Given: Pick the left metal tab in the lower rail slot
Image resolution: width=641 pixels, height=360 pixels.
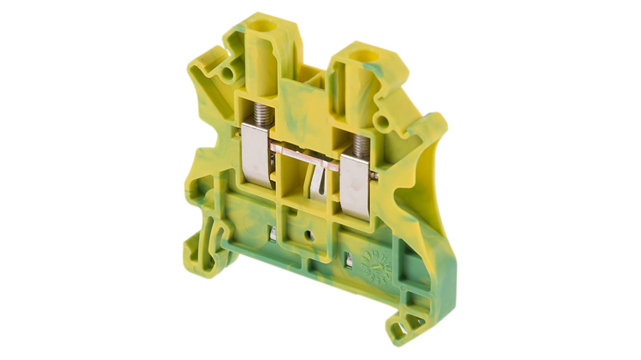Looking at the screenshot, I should coord(273,233).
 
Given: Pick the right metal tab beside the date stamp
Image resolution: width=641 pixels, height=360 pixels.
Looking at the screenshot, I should coord(348,260).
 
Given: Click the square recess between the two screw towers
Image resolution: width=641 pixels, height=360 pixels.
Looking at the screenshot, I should coord(316,79).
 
